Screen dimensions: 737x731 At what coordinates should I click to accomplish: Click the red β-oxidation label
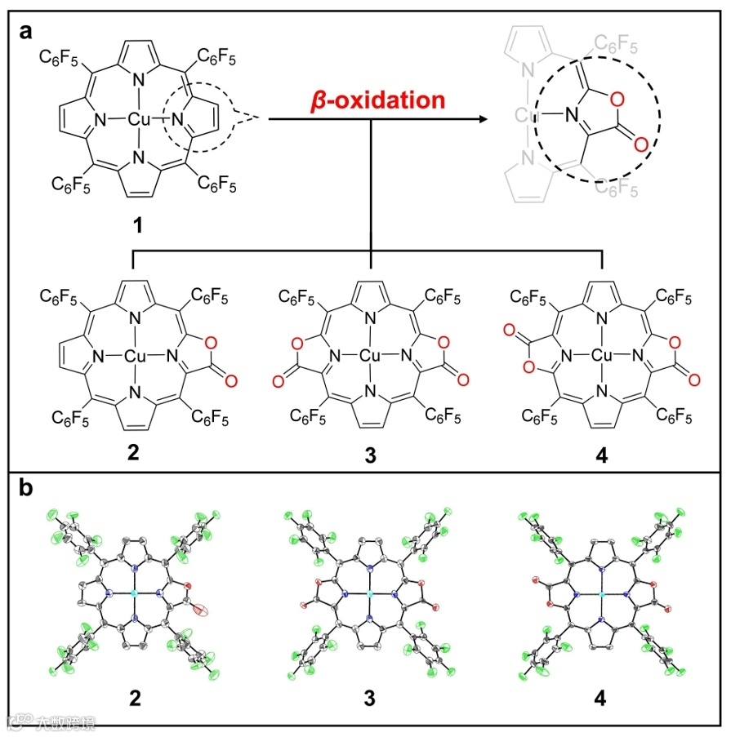[377, 100]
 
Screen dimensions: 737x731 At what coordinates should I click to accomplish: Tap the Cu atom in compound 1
[137, 120]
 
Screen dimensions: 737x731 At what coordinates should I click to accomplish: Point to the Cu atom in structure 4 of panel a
[603, 355]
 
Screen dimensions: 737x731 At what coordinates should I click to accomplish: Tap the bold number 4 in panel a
[603, 455]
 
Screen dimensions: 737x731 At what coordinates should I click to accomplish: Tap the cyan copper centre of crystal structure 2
[134, 595]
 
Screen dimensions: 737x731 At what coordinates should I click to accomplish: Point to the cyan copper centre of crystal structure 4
[603, 595]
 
